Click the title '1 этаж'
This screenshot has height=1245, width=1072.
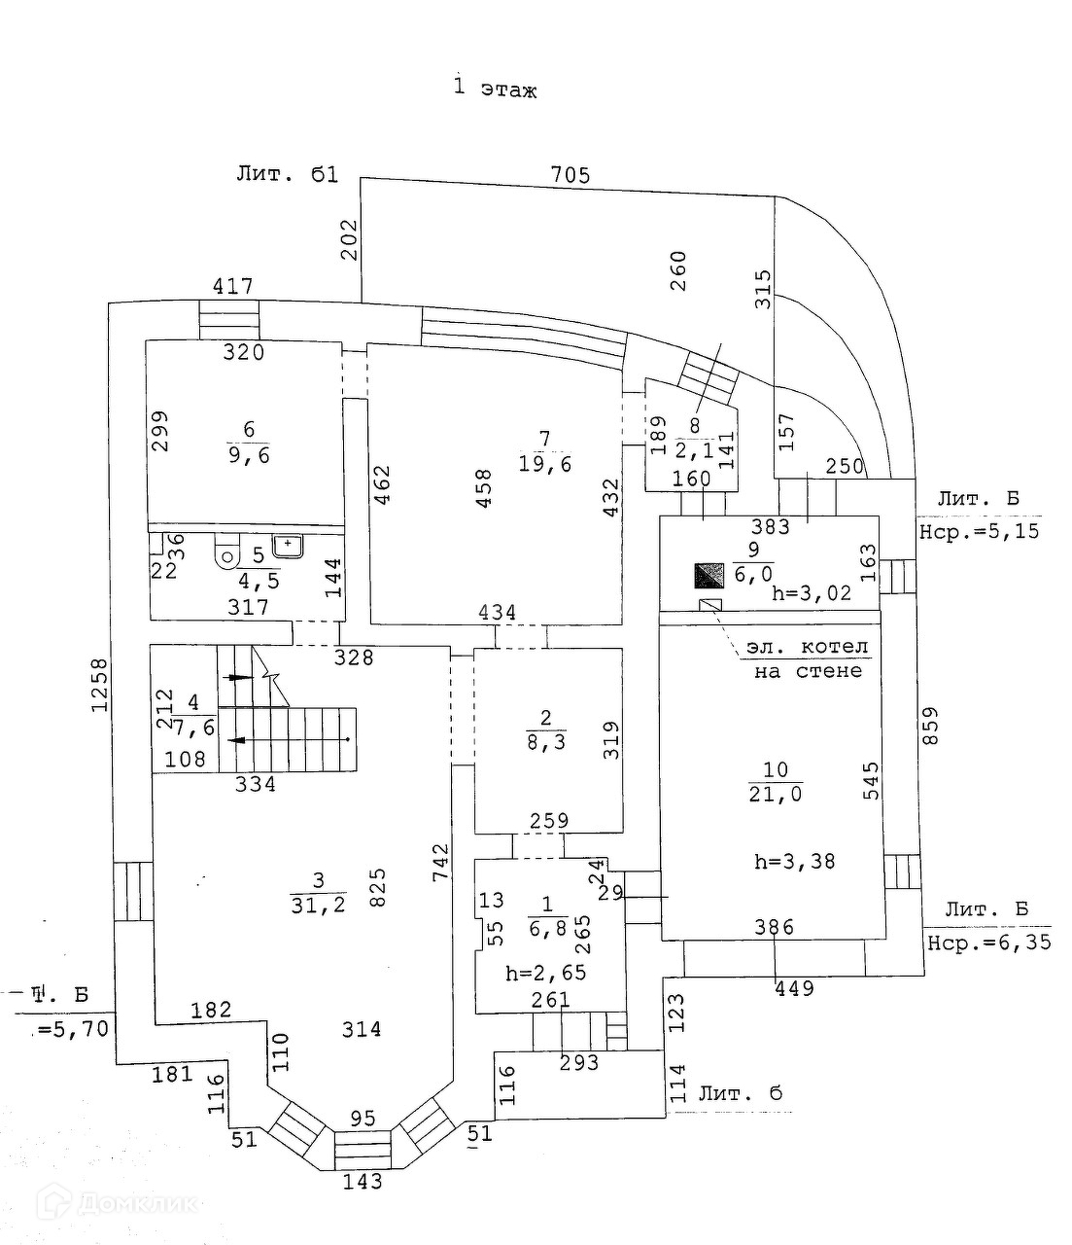pyautogui.click(x=496, y=89)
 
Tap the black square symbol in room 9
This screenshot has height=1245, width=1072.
pyautogui.click(x=709, y=576)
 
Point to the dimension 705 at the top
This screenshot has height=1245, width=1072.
pyautogui.click(x=570, y=175)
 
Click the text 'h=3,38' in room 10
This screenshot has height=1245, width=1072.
pyautogui.click(x=795, y=861)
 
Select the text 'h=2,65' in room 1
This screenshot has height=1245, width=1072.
pyautogui.click(x=545, y=973)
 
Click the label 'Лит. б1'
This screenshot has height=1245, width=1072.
pyautogui.click(x=287, y=174)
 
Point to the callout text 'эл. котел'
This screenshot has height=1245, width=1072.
pyautogui.click(x=807, y=647)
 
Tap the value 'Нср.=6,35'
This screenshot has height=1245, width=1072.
pyautogui.click(x=988, y=943)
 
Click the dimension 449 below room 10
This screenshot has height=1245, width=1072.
pyautogui.click(x=793, y=989)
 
